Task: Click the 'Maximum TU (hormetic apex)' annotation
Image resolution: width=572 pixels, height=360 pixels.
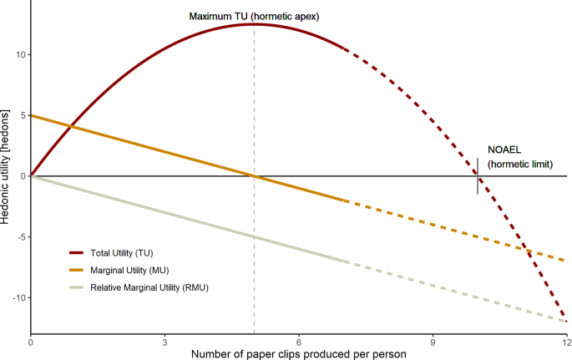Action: [x=254, y=16]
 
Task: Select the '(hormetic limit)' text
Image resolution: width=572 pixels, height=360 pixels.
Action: [x=520, y=164]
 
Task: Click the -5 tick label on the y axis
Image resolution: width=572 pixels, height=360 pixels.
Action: [x=19, y=237]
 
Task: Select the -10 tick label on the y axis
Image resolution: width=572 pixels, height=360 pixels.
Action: [x=17, y=298]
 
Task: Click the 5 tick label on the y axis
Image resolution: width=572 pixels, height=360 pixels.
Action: [x=21, y=116]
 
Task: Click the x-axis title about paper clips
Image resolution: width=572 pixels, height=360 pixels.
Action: [x=298, y=353]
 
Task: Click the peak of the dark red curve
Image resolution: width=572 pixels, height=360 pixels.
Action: [x=254, y=24]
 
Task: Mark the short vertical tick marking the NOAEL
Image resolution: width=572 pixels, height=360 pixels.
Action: [x=478, y=176]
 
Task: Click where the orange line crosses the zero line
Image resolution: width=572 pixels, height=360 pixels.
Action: [x=254, y=176]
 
